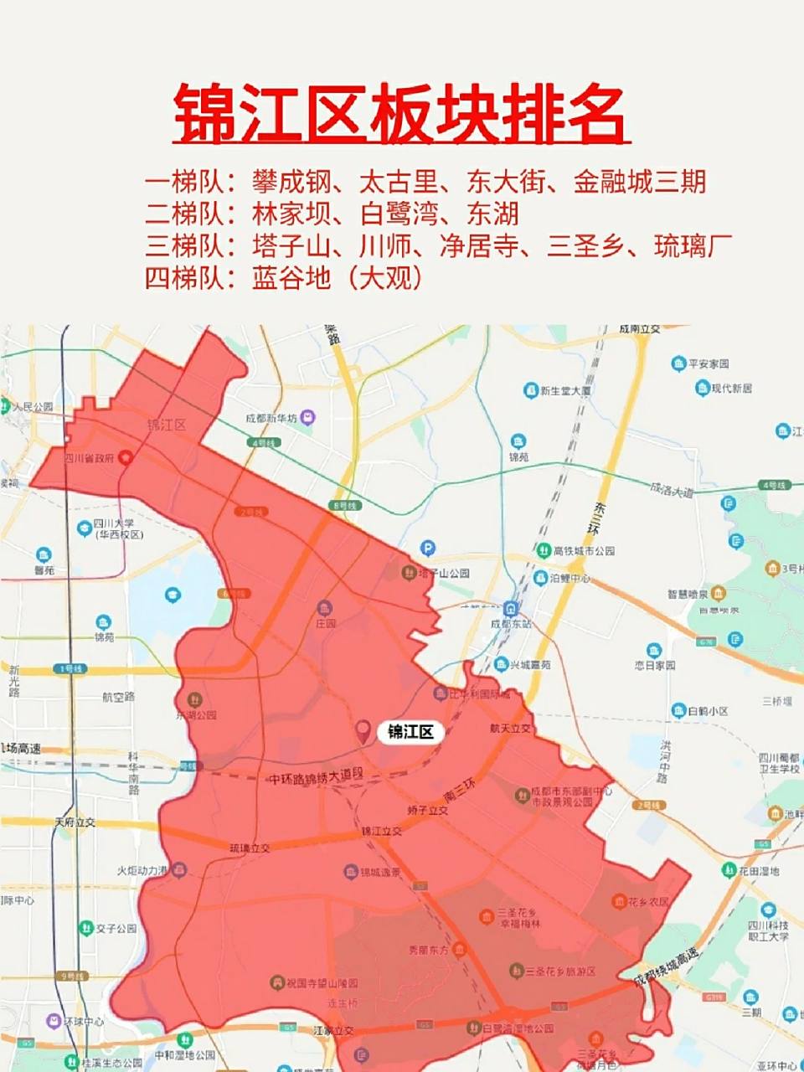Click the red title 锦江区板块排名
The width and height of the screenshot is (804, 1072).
pyautogui.click(x=401, y=114)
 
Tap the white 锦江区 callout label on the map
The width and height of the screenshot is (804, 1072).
pyautogui.click(x=410, y=732)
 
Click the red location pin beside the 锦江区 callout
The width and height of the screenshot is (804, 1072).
pyautogui.click(x=363, y=731)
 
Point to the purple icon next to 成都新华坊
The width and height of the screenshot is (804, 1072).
pyautogui.click(x=309, y=417)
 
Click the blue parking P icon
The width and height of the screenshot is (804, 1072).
pyautogui.click(x=428, y=549)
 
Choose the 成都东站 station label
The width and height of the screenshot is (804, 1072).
pyautogui.click(x=511, y=624)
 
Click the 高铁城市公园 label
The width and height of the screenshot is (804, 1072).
pyautogui.click(x=584, y=551)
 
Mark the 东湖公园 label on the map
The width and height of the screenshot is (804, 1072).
pyautogui.click(x=196, y=715)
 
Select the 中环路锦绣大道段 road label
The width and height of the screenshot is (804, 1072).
pyautogui.click(x=317, y=778)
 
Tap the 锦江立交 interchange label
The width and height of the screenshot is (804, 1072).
pyautogui.click(x=381, y=832)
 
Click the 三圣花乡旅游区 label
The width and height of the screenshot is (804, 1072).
pyautogui.click(x=560, y=971)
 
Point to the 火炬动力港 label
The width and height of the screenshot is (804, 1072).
pyautogui.click(x=143, y=871)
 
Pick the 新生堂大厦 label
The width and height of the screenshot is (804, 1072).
pyautogui.click(x=566, y=390)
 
